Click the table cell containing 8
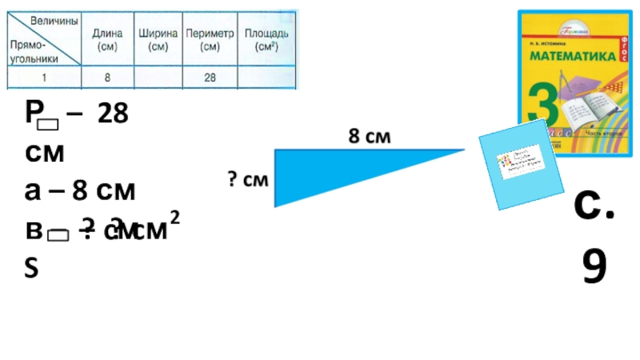[x=107, y=78]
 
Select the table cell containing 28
[x=210, y=78]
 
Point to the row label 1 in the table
[x=45, y=78]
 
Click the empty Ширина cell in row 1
[x=158, y=78]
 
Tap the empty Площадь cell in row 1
[x=266, y=78]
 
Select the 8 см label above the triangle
[x=369, y=138]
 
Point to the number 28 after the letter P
[x=113, y=114]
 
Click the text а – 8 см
[x=80, y=191]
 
